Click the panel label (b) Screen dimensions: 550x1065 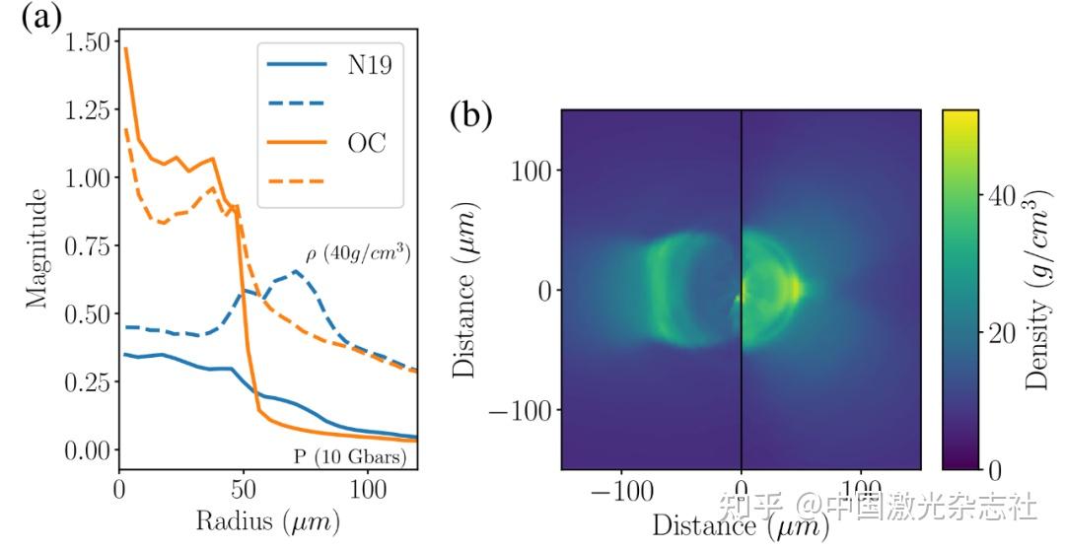pyautogui.click(x=470, y=116)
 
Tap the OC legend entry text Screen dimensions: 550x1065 pyautogui.click(x=367, y=143)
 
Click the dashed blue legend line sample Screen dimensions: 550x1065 pyautogui.click(x=297, y=103)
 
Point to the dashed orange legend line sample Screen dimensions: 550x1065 pyautogui.click(x=297, y=180)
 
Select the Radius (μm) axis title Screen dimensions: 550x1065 pyautogui.click(x=267, y=521)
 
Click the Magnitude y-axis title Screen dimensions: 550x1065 pyautogui.click(x=37, y=248)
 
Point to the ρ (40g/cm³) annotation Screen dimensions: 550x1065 pyautogui.click(x=358, y=254)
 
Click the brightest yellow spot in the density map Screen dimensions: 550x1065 pyautogui.click(x=795, y=289)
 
